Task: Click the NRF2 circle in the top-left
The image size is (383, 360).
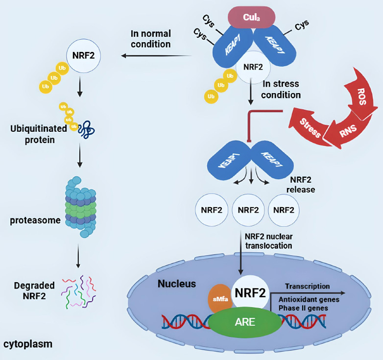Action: point(84,56)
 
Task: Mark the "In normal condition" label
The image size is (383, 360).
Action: point(150,39)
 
